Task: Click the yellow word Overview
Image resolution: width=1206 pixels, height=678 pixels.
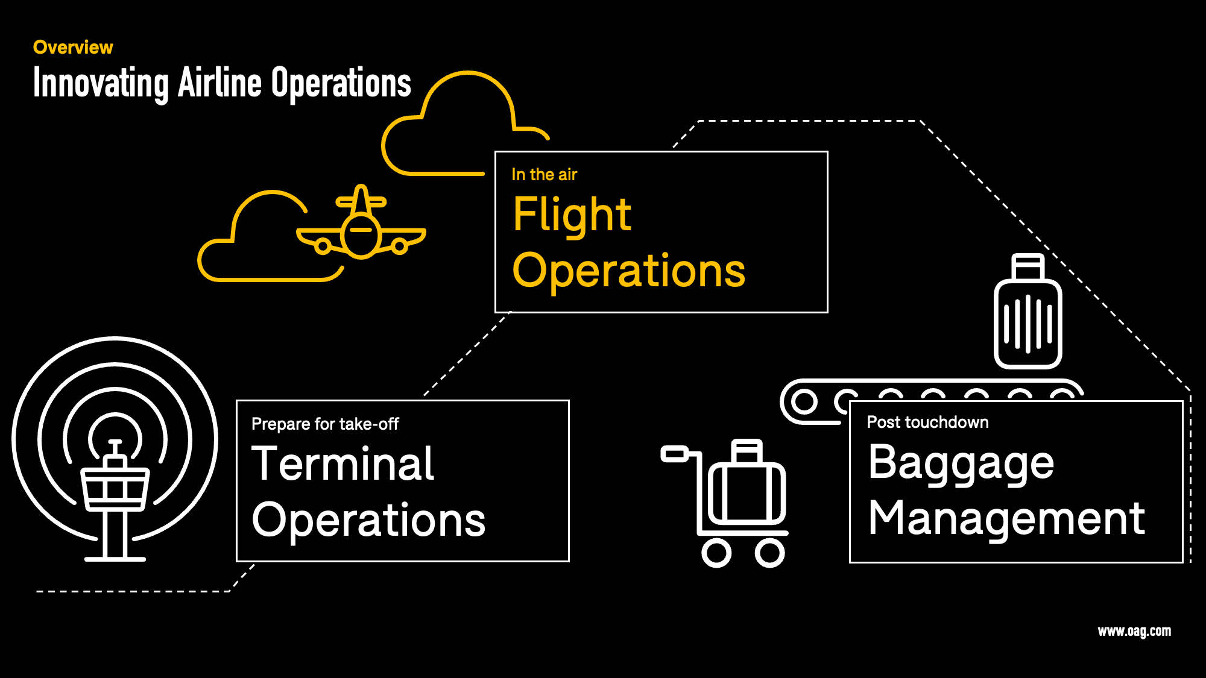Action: click(73, 47)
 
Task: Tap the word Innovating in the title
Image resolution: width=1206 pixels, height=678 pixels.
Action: click(101, 83)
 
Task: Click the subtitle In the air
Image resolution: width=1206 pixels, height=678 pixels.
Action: click(544, 175)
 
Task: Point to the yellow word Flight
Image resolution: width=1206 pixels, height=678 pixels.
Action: click(572, 215)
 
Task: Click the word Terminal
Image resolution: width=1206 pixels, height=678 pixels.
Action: click(343, 464)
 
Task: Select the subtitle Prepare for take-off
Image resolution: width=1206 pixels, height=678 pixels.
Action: click(325, 424)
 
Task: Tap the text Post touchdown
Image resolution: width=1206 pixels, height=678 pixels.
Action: click(927, 422)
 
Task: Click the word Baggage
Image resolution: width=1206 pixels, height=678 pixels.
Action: click(961, 463)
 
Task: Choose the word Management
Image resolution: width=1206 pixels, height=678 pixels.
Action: click(1006, 518)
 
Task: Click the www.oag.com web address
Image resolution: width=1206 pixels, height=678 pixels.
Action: click(1134, 631)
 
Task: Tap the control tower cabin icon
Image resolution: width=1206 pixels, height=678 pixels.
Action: click(115, 488)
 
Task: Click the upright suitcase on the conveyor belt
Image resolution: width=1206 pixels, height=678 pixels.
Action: click(1028, 323)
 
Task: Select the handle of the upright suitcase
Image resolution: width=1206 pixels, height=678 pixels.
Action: click(1028, 266)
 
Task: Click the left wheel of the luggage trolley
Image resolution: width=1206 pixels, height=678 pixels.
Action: click(716, 553)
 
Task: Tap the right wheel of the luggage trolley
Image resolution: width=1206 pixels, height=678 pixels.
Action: click(770, 553)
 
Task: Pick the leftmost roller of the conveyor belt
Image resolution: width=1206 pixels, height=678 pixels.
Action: click(804, 401)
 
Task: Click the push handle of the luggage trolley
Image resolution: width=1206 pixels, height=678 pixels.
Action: click(674, 454)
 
